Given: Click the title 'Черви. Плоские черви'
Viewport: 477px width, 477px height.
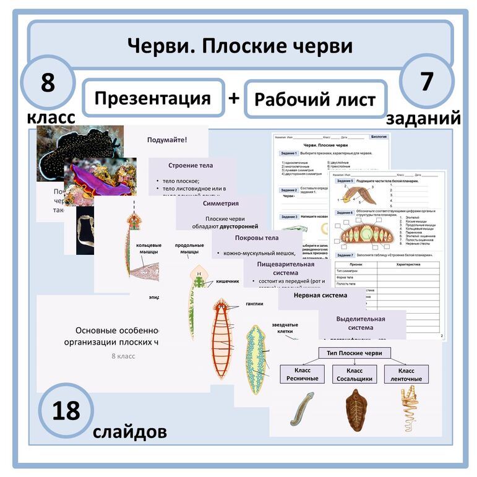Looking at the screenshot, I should tap(239, 46).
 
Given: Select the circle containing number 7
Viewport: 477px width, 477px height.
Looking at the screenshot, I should tap(426, 82).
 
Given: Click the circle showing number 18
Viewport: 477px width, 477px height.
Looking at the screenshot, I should tap(66, 411).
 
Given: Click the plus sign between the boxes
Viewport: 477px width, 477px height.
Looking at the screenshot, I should tap(234, 98).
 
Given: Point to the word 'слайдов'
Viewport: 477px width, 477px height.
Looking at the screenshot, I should tap(129, 431).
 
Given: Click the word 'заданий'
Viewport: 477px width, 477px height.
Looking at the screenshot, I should tap(424, 118).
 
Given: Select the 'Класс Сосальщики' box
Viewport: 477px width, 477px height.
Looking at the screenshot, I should tap(355, 374).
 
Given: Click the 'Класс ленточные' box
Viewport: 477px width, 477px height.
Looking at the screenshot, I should tap(406, 374).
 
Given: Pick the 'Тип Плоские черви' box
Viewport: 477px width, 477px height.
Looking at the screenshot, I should tap(355, 353).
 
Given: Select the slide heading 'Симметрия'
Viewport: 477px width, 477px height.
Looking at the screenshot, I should tap(221, 203).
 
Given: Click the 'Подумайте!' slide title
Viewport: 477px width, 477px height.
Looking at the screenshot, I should tap(167, 140).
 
